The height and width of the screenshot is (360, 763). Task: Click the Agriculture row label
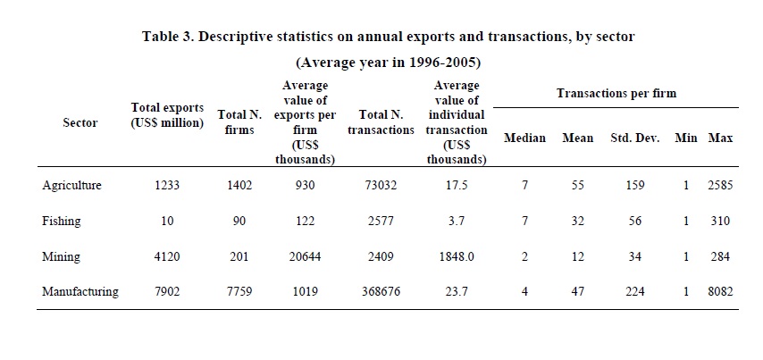71,186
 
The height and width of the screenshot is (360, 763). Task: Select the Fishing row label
62,222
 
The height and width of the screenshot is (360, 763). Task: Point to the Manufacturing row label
80,292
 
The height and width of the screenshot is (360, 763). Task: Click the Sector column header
80,122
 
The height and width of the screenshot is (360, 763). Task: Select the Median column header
524,138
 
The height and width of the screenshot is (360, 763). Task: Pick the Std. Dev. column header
635,138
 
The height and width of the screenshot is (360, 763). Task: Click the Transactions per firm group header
616,94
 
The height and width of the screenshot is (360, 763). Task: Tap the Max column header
720,138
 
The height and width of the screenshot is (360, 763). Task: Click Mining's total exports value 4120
167,256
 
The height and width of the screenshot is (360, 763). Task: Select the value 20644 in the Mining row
305,256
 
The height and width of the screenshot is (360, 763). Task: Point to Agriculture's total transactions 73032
380,185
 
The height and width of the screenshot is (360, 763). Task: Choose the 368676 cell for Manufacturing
380,292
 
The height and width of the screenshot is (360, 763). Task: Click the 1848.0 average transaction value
456,256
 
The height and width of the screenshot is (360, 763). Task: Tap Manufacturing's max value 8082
720,292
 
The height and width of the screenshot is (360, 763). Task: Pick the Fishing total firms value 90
239,221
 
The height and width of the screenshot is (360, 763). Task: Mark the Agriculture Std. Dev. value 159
635,185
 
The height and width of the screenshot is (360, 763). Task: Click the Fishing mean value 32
577,221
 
